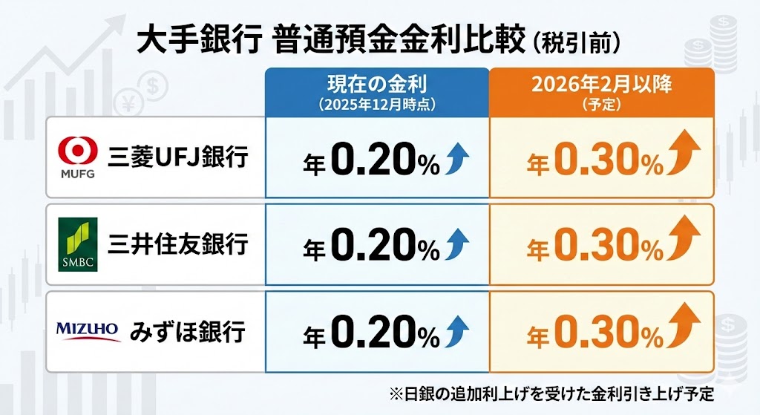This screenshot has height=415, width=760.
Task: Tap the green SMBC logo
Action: pyautogui.click(x=78, y=239)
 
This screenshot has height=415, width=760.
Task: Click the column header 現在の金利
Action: pyautogui.click(x=378, y=84)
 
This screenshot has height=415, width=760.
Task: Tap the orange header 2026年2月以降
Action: pyautogui.click(x=601, y=84)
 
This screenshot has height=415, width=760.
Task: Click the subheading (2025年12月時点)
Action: pyautogui.click(x=378, y=105)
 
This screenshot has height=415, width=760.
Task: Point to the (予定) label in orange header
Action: pyautogui.click(x=601, y=105)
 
